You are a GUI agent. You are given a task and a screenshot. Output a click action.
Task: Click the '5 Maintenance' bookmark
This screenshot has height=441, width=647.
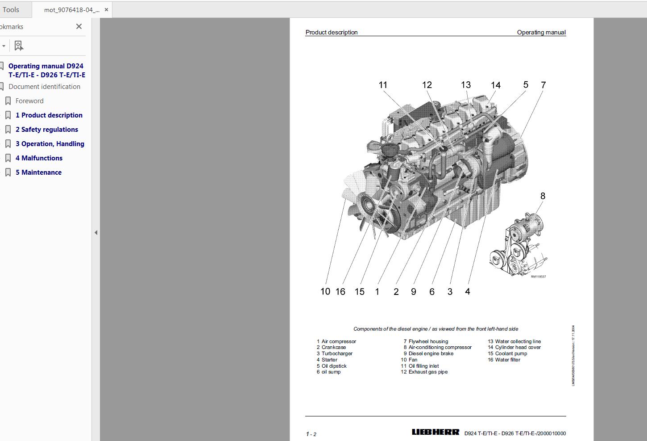point(38,172)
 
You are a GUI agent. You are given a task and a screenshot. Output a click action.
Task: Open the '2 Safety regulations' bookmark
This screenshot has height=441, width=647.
point(46,130)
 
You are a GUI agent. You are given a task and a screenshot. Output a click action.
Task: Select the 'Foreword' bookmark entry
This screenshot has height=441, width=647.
point(29,101)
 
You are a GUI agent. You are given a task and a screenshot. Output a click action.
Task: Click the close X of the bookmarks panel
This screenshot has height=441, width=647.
point(79,27)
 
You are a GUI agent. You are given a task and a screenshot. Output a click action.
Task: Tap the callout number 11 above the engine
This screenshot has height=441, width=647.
point(383,85)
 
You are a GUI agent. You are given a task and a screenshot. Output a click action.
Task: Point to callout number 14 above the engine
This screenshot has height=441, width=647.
point(495,85)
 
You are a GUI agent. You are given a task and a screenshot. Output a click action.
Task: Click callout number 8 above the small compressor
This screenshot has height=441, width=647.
point(543,196)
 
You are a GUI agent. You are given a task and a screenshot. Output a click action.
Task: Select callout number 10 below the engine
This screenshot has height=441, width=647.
point(325,292)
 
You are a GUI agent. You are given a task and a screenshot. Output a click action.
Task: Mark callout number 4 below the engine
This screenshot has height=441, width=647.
point(467,292)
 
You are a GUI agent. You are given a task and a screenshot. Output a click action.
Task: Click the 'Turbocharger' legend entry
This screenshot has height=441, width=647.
point(337,353)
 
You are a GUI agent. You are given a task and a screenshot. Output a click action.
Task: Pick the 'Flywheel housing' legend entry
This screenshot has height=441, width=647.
point(428,341)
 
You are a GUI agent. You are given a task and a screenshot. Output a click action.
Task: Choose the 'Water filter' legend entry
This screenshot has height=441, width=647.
point(507,360)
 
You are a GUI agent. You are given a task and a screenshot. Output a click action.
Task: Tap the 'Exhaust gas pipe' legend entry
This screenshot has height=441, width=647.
point(428,372)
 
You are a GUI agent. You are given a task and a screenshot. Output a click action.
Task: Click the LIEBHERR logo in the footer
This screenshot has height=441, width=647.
point(435,432)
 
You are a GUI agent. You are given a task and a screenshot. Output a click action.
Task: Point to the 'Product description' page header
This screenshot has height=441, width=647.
point(332,32)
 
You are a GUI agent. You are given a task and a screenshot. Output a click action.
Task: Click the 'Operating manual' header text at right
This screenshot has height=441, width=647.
point(541,32)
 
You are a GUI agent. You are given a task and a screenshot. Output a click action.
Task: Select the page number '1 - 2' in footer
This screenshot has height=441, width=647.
point(311,434)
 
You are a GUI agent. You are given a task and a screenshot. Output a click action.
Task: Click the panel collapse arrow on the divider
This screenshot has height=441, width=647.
point(95,232)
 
